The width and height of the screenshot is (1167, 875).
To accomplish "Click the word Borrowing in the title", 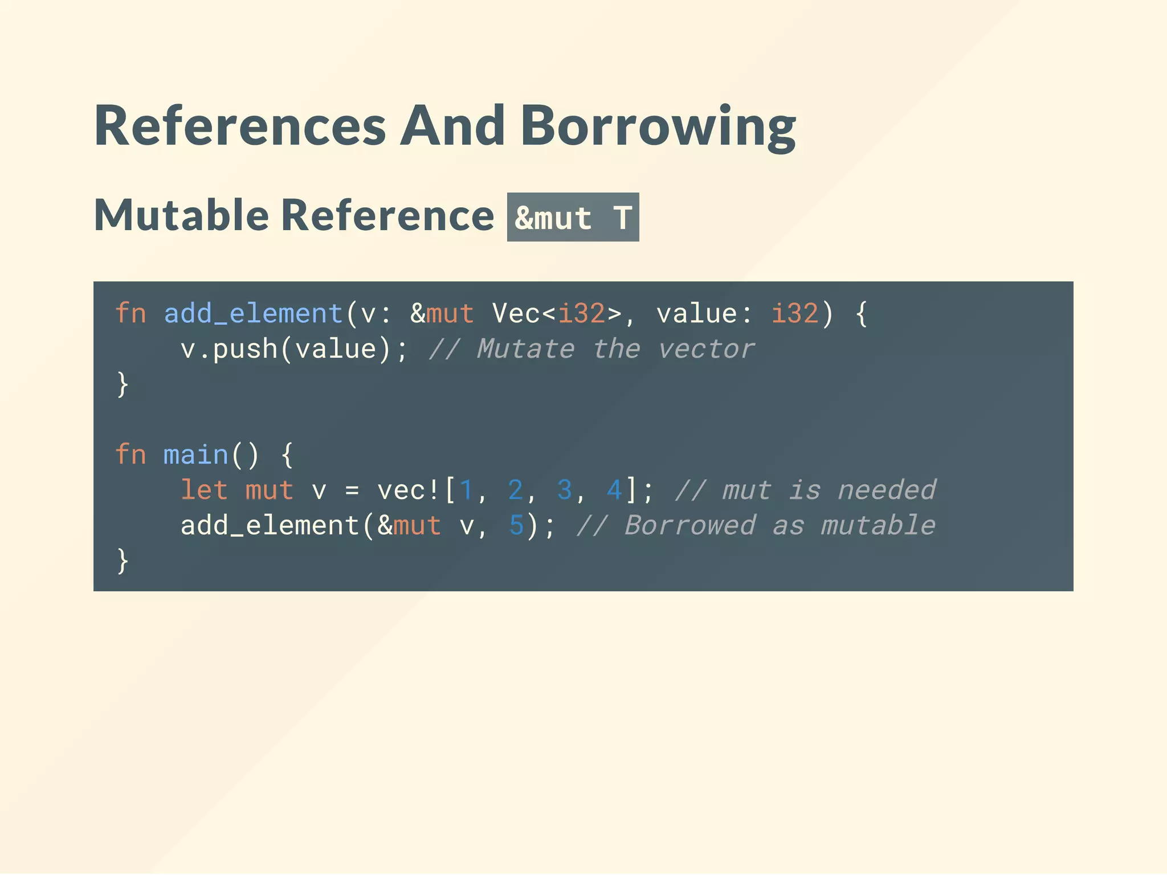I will (x=658, y=126).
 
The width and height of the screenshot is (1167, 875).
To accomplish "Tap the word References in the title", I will (x=240, y=126).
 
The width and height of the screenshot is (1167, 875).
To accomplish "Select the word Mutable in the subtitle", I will (x=181, y=215).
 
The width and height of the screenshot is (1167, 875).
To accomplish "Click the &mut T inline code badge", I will (x=573, y=218).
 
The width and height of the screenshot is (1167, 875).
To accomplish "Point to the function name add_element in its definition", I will (x=253, y=313).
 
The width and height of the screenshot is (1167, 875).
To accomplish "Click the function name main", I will (x=195, y=455).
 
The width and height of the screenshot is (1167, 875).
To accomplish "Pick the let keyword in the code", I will (x=204, y=490).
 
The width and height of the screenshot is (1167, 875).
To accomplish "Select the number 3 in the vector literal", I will (x=564, y=490).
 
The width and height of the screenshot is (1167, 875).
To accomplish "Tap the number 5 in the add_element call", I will (x=516, y=525).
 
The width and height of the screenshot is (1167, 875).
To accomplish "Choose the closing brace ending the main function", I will (x=123, y=561).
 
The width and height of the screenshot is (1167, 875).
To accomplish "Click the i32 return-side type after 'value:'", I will (x=795, y=313).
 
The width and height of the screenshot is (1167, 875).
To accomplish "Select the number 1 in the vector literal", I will (x=466, y=490).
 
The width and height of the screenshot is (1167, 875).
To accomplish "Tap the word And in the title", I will (x=452, y=126).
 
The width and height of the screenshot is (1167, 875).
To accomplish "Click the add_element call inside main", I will (x=270, y=525).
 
